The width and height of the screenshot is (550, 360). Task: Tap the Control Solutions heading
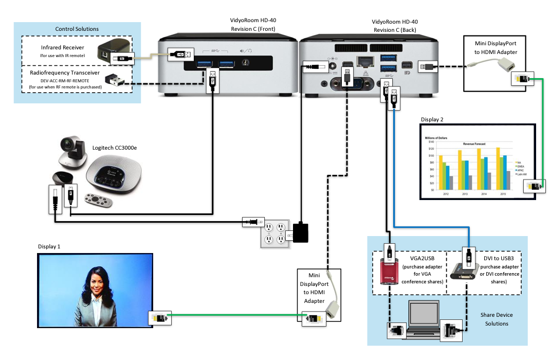(77, 29)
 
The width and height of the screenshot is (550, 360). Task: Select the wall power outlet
(274, 232)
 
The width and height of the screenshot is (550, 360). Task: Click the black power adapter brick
(300, 232)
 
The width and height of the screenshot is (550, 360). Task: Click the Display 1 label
(49, 246)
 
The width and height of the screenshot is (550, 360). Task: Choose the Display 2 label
(432, 120)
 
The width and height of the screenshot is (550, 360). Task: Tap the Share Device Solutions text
(497, 319)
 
